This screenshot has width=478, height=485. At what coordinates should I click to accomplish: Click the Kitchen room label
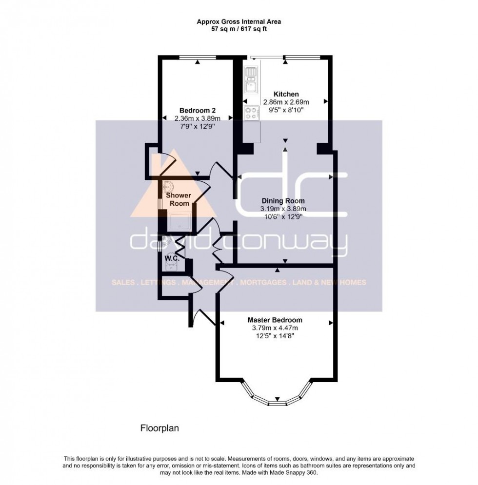(x=286, y=94)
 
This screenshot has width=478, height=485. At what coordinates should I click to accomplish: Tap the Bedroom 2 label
(x=198, y=110)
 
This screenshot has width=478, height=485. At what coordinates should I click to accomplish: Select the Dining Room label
(x=283, y=201)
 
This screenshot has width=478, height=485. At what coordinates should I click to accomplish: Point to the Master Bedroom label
(x=275, y=320)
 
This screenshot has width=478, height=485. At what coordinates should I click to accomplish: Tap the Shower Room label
(x=179, y=199)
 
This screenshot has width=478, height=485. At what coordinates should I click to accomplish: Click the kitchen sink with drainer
(x=251, y=81)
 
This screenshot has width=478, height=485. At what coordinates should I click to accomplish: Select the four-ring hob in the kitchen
(x=252, y=113)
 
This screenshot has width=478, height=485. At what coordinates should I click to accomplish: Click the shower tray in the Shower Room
(x=179, y=222)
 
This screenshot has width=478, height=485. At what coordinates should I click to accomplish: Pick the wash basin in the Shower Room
(x=167, y=186)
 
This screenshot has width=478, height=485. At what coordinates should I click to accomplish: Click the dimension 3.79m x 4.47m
(x=275, y=328)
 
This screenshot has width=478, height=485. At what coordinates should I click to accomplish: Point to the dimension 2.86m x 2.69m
(x=286, y=102)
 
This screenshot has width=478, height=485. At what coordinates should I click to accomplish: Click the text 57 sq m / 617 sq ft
(x=239, y=29)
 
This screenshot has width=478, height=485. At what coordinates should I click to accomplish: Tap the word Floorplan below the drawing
(x=160, y=429)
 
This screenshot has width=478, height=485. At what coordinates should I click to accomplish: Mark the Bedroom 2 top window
(x=197, y=58)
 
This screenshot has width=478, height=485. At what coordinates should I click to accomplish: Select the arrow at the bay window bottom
(x=278, y=398)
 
